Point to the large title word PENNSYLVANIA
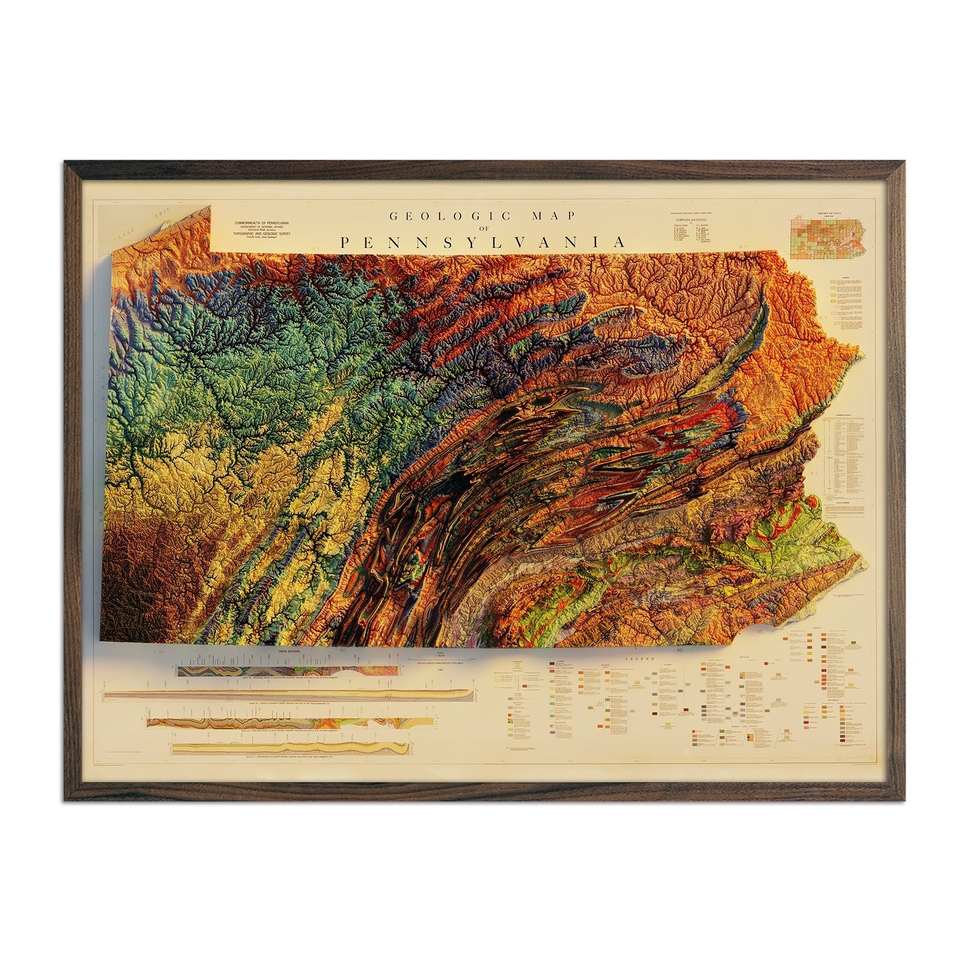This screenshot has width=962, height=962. click(482, 243)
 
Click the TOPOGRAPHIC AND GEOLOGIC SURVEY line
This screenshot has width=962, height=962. click(258, 234)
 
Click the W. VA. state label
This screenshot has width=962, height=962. click(159, 651)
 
